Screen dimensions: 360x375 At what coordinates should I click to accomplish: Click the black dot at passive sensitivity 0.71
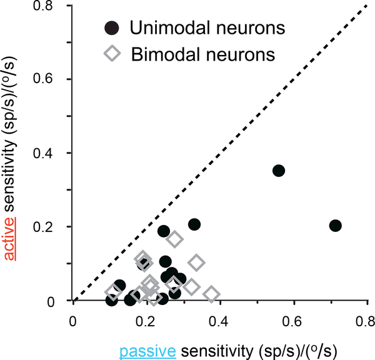(335, 226)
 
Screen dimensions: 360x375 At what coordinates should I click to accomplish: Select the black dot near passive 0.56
(279, 171)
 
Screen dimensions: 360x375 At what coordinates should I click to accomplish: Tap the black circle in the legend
(111, 28)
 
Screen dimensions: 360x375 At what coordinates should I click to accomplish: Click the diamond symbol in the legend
(112, 54)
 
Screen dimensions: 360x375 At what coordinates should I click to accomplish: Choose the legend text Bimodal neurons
(203, 54)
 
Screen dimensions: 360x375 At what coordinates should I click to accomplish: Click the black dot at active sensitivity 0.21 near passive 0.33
(194, 224)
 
